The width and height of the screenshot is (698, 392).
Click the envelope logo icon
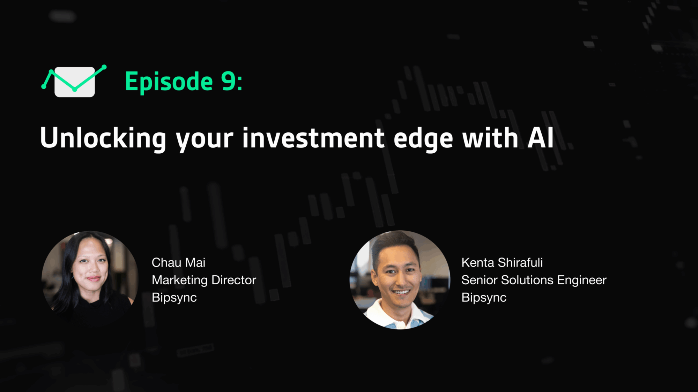click(74, 82)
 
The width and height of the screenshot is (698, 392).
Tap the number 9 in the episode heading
click(229, 81)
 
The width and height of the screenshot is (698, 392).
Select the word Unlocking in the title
click(103, 138)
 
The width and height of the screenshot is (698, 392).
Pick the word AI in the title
click(541, 138)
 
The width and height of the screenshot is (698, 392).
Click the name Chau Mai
click(178, 262)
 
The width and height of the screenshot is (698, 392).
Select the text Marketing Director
click(204, 280)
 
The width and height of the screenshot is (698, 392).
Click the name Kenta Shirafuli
click(502, 262)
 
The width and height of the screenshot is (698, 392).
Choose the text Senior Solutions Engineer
click(534, 280)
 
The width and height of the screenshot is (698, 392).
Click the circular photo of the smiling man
click(400, 279)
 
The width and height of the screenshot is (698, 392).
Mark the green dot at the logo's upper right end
click(104, 67)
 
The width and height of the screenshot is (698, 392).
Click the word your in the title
click(205, 140)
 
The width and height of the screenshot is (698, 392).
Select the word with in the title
click(490, 138)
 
